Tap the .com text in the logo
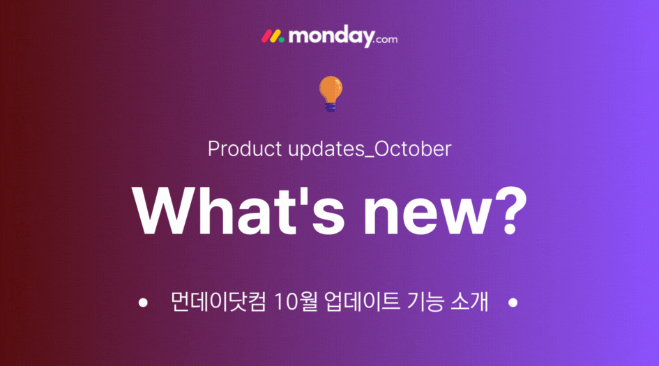tap(386, 40)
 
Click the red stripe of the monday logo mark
tap(266, 36)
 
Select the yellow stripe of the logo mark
tap(275, 36)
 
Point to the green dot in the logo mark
tap(281, 40)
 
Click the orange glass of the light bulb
tap(331, 89)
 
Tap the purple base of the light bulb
tap(331, 107)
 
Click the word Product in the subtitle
tap(245, 148)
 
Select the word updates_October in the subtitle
tap(370, 149)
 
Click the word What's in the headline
tap(238, 211)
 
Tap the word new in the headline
tap(427, 216)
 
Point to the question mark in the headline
tap(510, 211)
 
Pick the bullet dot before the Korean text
tap(143, 303)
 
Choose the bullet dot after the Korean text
tap(513, 303)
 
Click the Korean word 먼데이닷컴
tap(218, 301)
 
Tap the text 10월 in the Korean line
tap(296, 301)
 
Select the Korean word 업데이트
tap(363, 301)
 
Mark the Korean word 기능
tap(425, 301)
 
